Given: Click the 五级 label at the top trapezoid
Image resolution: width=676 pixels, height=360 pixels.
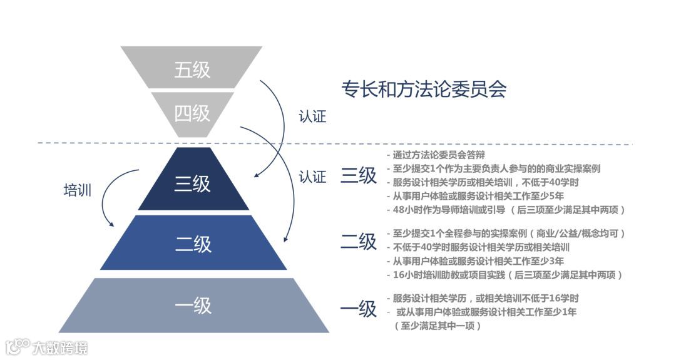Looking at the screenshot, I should tap(192, 69).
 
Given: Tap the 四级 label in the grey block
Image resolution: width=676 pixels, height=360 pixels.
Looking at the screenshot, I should tap(192, 113).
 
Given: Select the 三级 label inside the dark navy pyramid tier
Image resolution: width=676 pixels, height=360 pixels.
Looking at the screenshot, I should tap(192, 184).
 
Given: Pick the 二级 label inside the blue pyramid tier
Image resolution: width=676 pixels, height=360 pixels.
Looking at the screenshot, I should tap(193, 244).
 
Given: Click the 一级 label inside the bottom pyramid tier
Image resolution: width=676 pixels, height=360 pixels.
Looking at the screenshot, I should tap(193, 306).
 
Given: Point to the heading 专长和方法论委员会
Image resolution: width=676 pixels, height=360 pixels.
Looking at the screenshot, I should tap(423, 90).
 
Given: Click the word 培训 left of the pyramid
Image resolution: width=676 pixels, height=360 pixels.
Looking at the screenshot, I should tap(78, 190).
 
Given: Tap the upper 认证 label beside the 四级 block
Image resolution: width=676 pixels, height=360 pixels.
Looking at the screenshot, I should tap(312, 116).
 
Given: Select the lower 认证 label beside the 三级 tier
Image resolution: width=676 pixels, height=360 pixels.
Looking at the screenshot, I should tap(312, 177).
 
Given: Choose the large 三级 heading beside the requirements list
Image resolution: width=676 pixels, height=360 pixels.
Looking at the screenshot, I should tap(359, 176).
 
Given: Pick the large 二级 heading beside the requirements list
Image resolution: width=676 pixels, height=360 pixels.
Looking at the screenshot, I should tap(359, 241).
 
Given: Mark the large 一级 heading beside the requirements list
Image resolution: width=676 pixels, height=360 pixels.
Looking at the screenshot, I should tap(359, 309).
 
